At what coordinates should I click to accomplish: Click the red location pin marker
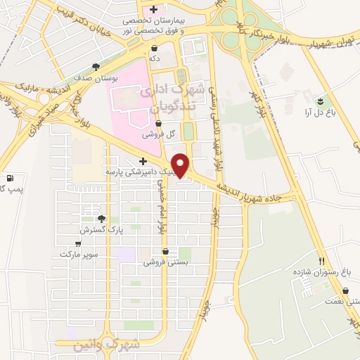coord(181,165)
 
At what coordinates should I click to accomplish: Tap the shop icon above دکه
coord(154,48)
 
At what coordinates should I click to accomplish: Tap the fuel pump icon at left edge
coord(8,178)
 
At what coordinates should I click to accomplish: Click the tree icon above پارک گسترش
coord(102,219)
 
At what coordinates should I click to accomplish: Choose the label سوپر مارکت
coord(79,253)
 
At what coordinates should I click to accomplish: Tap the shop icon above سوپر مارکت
coord(77,243)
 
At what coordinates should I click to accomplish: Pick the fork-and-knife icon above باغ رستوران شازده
coord(321,260)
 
